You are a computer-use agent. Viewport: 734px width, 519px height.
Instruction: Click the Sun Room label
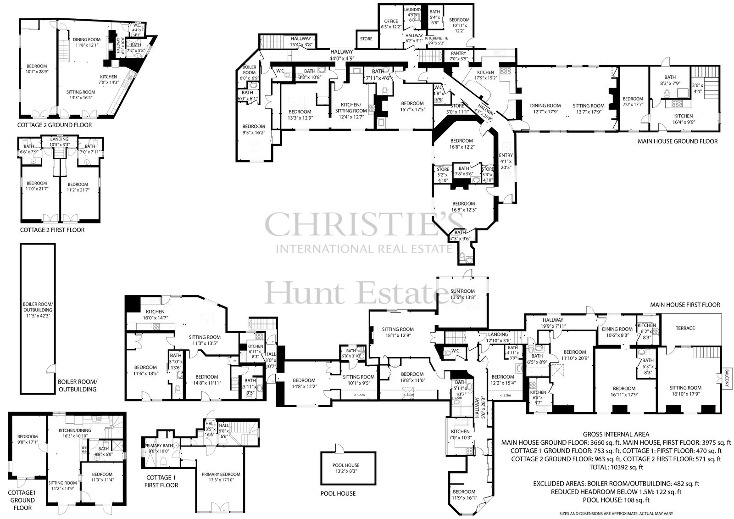(x=462, y=291)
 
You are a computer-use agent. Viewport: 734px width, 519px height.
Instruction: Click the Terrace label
(x=685, y=328)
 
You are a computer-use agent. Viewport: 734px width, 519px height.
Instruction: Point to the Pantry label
(x=458, y=53)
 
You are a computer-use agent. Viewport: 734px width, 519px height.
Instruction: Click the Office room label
(x=391, y=21)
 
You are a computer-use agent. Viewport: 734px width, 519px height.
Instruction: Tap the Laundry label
(x=412, y=9)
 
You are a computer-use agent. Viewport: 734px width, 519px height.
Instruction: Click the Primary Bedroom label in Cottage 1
(x=221, y=474)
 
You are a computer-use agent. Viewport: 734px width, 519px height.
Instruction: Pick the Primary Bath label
(x=158, y=446)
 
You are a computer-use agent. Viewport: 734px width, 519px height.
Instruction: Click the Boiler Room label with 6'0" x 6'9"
(x=249, y=70)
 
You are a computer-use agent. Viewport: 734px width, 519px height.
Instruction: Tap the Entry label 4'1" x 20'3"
(x=506, y=156)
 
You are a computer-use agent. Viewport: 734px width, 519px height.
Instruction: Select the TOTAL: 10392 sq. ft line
(x=616, y=467)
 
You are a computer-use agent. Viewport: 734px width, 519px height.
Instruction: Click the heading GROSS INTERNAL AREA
(x=616, y=434)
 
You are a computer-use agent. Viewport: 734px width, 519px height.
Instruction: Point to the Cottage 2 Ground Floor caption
(x=55, y=125)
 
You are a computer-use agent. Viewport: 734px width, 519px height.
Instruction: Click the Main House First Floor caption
(x=685, y=305)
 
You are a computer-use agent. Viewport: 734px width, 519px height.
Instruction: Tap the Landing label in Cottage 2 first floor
(x=59, y=139)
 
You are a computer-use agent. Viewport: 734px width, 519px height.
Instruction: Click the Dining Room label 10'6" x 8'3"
(x=617, y=329)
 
